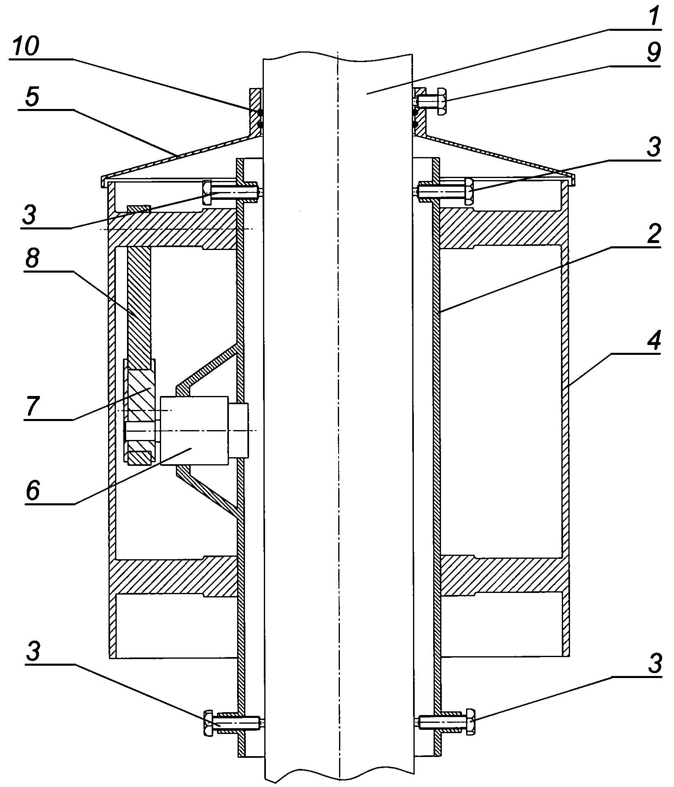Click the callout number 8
point(32,259)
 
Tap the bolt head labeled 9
point(441,101)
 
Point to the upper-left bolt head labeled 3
point(207,192)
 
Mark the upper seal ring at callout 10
point(260,112)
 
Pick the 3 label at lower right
point(653,663)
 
